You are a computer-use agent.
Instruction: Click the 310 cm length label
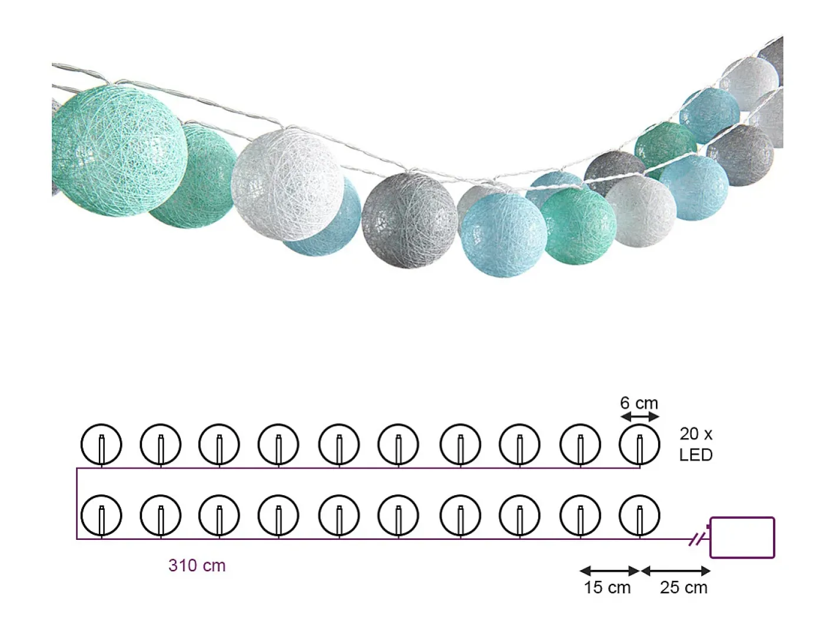197,566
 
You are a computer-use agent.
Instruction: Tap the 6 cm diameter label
639,403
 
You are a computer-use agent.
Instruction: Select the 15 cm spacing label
607,588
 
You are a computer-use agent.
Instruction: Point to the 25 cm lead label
684,588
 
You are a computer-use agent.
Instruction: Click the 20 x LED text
696,444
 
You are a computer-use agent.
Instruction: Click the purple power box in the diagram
742,538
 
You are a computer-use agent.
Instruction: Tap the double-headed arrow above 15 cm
609,571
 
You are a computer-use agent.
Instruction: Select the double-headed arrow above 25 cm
676,571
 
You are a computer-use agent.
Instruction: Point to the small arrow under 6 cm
639,417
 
